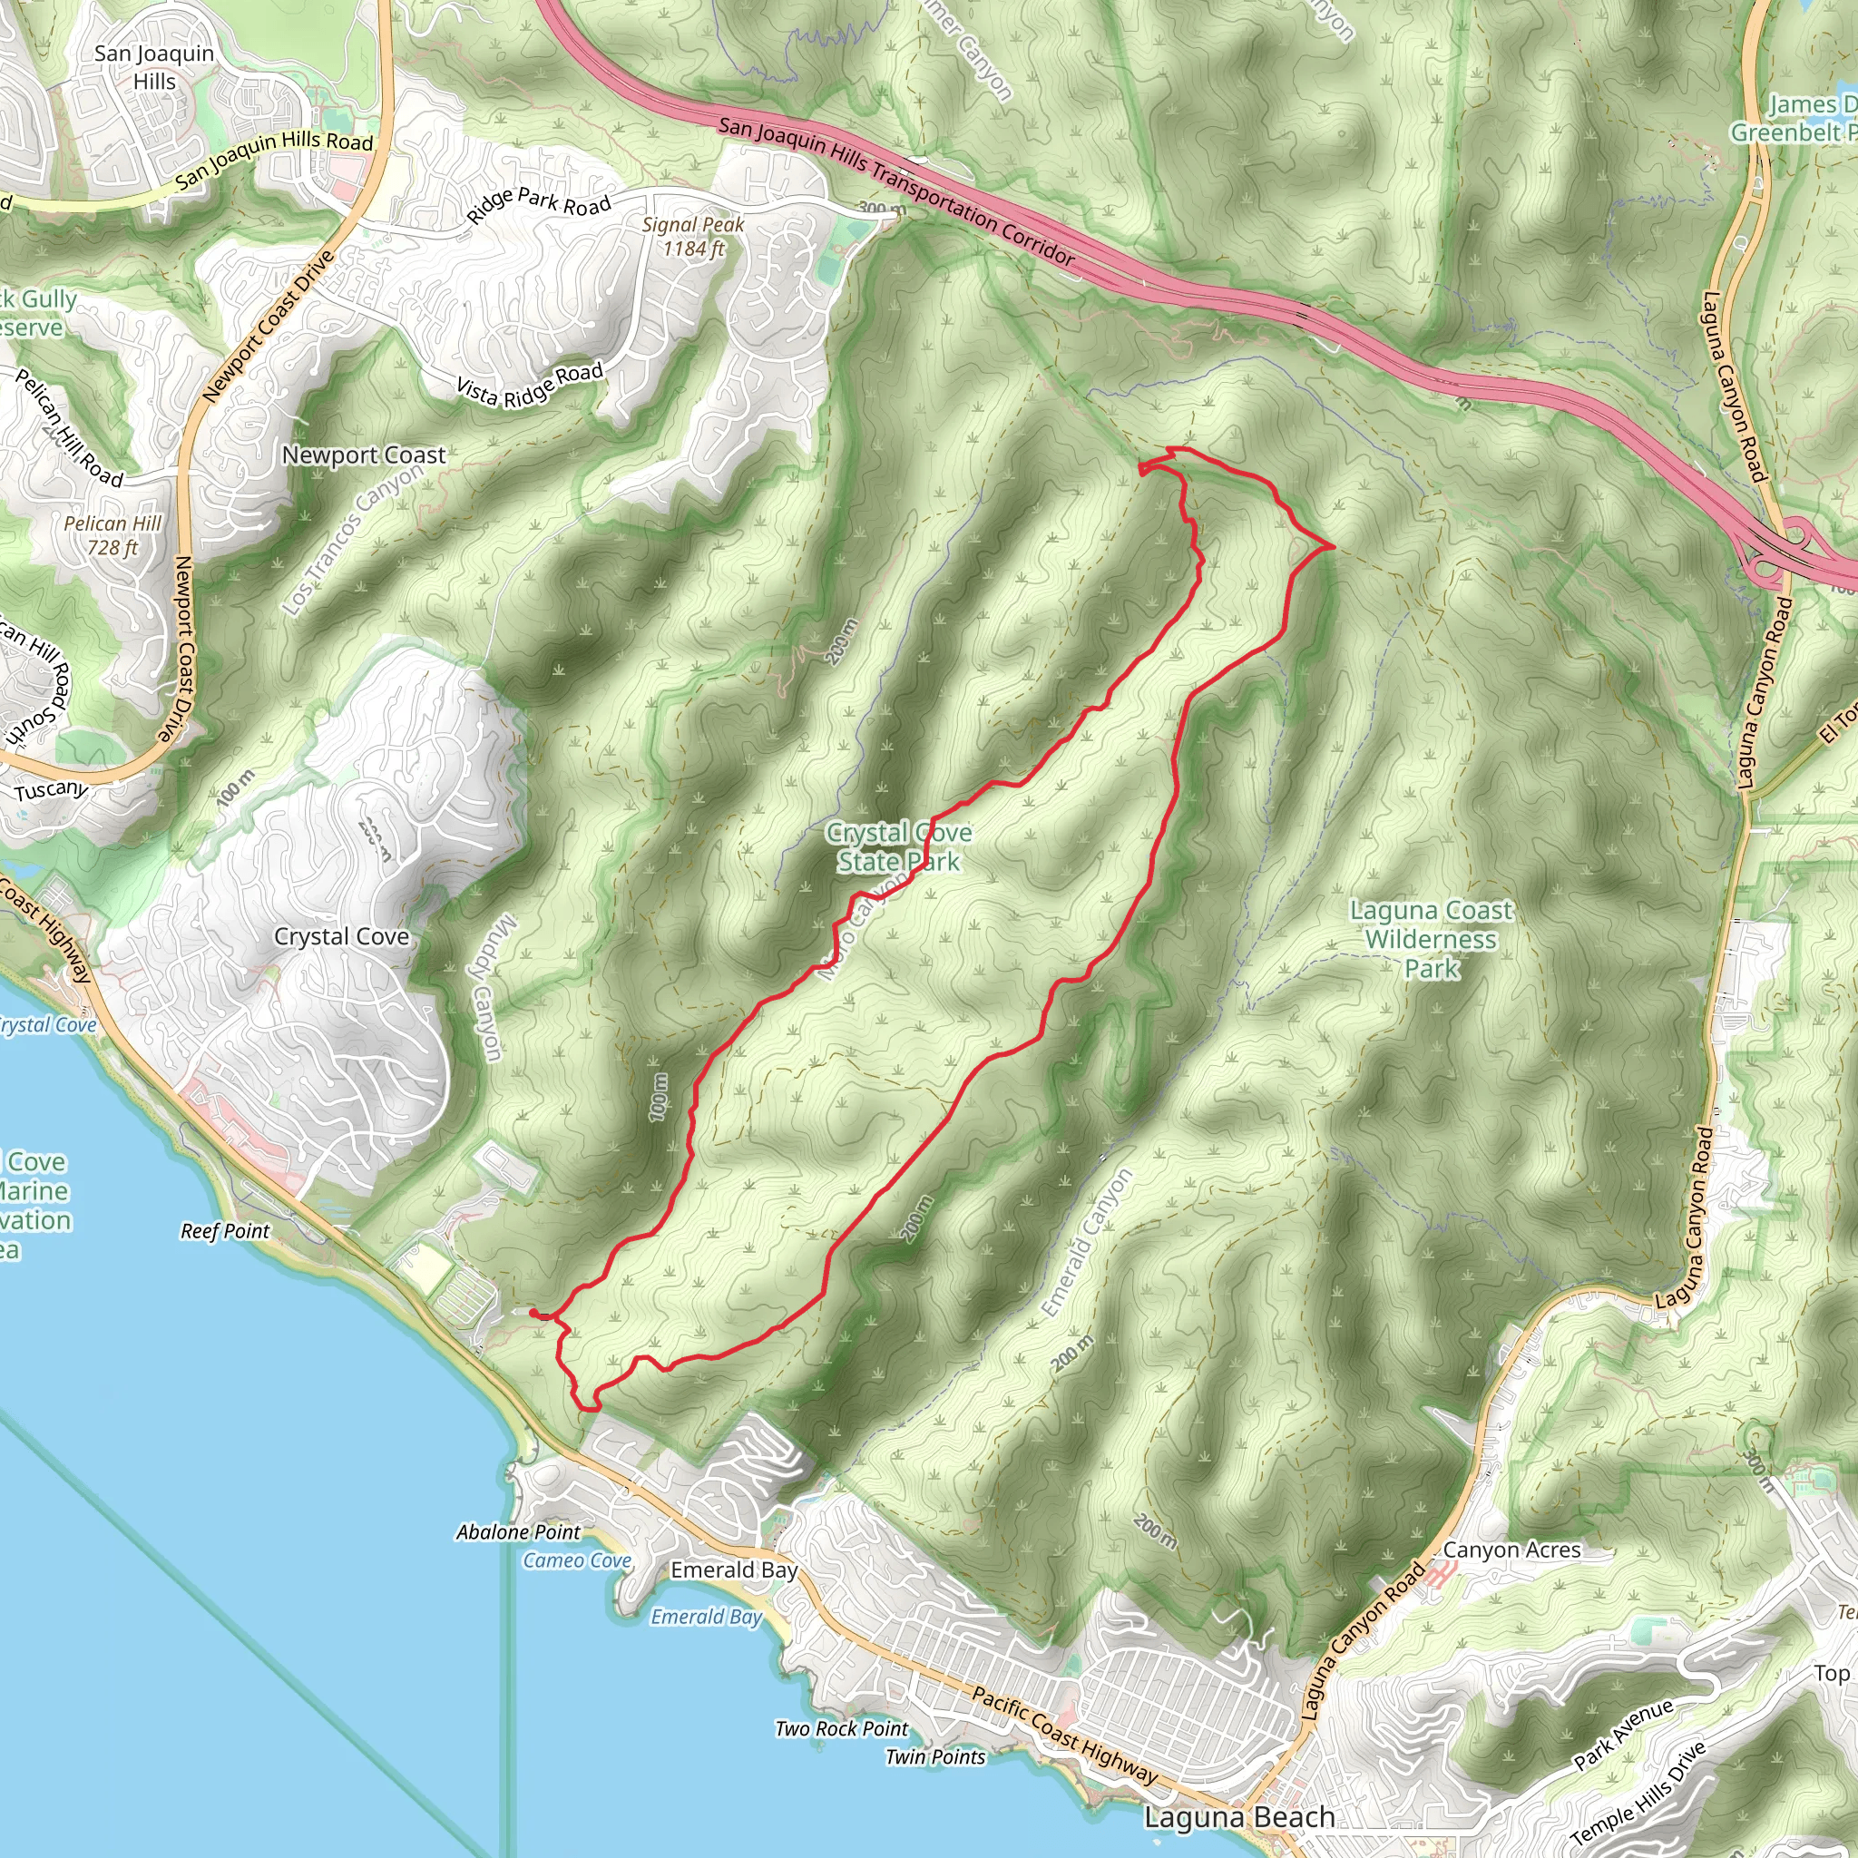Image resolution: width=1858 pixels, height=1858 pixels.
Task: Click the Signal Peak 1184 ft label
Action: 692,237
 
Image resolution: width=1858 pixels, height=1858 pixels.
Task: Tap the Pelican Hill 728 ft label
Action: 112,535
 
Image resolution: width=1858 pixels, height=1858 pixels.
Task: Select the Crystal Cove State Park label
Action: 898,846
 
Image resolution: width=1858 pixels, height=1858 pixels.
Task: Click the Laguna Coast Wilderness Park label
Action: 1430,939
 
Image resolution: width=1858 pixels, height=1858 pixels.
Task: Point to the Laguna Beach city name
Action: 1238,1816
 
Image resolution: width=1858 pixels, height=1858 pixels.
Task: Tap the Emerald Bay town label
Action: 734,1570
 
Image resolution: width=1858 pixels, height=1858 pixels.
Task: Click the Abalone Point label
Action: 518,1532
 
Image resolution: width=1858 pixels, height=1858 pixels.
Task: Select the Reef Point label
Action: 225,1231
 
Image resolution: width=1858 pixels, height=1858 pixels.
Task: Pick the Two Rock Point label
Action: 842,1728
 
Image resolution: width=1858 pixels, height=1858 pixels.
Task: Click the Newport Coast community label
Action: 364,455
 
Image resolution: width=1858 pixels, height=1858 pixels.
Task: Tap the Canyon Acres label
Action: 1511,1550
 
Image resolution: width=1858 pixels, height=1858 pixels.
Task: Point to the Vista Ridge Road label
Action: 529,385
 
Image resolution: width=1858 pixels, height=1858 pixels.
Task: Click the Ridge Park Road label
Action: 539,204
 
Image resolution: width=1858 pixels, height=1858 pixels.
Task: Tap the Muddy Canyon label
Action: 490,989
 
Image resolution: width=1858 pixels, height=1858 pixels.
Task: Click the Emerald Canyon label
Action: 1087,1243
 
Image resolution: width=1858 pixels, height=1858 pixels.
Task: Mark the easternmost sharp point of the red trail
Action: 1333,546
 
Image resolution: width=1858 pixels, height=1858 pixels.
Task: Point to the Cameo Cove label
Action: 577,1560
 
